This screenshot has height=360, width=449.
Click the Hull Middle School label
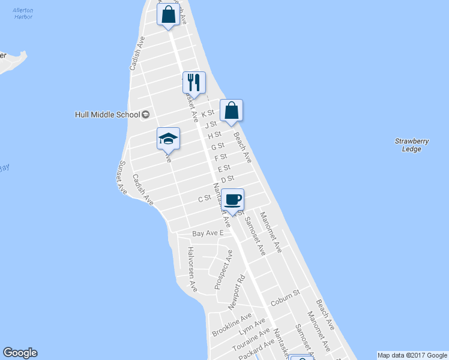click(x=107, y=114)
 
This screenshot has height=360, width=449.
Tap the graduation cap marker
click(x=168, y=140)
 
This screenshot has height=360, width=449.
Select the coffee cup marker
click(x=232, y=200)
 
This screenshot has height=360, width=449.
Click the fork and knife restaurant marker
click(x=194, y=83)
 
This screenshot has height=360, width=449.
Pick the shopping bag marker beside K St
click(x=231, y=110)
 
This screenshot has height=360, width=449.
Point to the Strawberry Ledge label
click(x=412, y=145)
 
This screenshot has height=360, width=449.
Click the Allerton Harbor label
click(x=23, y=14)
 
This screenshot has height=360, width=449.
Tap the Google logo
click(x=20, y=353)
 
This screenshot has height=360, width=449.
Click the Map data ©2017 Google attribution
click(x=412, y=355)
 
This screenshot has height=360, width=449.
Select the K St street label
click(x=208, y=113)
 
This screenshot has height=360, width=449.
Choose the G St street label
click(x=217, y=146)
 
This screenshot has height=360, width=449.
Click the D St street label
click(x=227, y=179)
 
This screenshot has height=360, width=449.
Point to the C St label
click(x=205, y=198)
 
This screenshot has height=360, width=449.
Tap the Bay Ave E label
click(x=208, y=233)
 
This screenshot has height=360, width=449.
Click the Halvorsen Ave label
click(x=192, y=269)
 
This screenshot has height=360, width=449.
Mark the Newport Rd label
click(x=237, y=293)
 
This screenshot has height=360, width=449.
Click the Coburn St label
click(x=285, y=295)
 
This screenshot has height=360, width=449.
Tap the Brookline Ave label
click(x=232, y=325)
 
